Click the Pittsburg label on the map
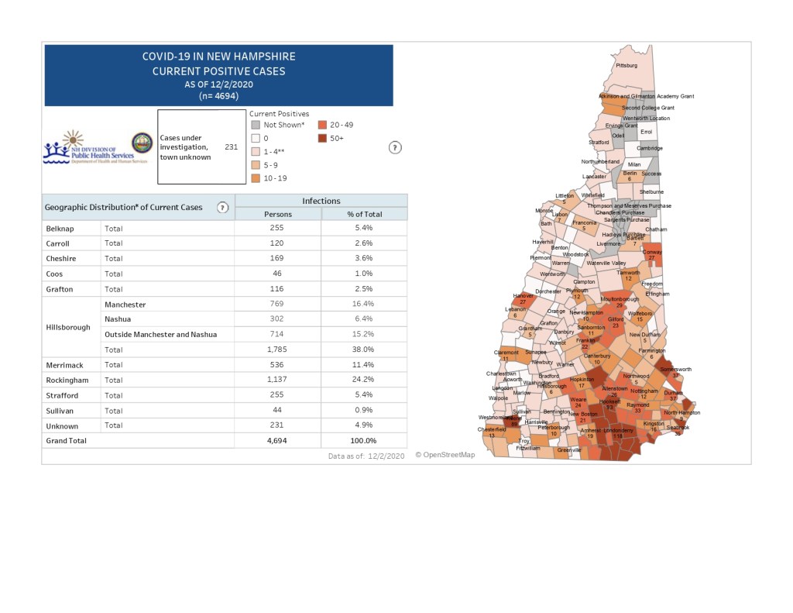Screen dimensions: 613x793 click(x=626, y=66)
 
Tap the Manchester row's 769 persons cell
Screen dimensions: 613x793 click(x=277, y=305)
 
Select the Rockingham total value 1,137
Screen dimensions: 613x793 click(x=277, y=380)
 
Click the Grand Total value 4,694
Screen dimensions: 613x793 click(x=277, y=440)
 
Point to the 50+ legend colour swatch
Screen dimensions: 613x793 click(x=322, y=138)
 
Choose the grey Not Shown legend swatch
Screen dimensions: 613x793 click(x=256, y=125)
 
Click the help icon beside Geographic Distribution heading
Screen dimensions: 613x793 click(x=222, y=208)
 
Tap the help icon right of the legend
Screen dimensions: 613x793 click(x=395, y=148)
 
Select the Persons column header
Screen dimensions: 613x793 click(x=278, y=214)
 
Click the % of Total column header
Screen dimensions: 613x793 click(x=364, y=214)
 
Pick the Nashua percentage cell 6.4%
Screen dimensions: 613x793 click(x=364, y=319)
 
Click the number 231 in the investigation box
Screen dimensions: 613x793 click(x=231, y=146)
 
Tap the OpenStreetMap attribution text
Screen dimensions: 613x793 click(x=445, y=455)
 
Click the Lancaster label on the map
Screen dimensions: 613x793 click(x=595, y=176)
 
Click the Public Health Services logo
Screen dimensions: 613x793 click(x=80, y=147)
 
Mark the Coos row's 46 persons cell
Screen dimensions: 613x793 click(x=277, y=274)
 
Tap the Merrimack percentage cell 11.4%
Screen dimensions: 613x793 click(x=364, y=364)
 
